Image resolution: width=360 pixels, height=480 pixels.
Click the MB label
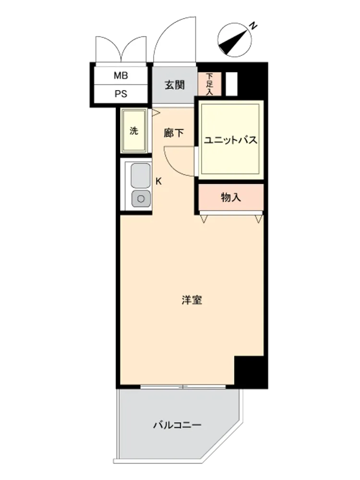tap(120, 75)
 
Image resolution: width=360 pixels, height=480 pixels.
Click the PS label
tap(120, 94)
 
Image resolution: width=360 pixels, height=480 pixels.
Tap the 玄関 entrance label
tap(175, 85)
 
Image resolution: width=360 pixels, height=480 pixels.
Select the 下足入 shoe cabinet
tap(209, 84)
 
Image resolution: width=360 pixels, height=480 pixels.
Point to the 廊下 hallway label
tap(174, 133)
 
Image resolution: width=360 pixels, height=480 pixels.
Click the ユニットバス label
tap(230, 140)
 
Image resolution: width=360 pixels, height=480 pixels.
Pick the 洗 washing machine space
tap(134, 131)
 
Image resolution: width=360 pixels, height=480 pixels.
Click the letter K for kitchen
tap(158, 181)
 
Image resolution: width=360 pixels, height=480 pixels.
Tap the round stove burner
tap(141, 199)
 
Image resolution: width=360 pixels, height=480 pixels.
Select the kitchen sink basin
tap(141, 175)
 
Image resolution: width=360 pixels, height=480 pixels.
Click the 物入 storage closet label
tap(231, 197)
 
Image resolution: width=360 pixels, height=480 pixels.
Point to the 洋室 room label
tap(192, 300)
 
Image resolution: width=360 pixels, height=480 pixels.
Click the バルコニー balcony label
tap(177, 425)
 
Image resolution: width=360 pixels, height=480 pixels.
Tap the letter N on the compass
tap(253, 26)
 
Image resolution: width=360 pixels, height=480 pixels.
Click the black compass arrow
tap(233, 42)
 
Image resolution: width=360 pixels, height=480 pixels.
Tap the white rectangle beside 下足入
tap(232, 84)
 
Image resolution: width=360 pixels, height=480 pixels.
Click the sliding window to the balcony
tap(183, 387)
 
